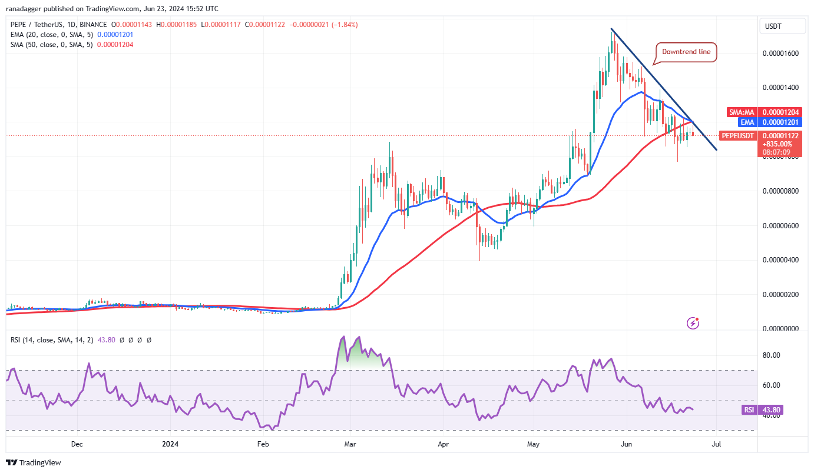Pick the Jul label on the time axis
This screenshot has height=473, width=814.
(716, 445)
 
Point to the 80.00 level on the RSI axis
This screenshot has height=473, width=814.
(772, 355)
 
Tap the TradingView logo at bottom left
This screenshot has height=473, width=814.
(34, 462)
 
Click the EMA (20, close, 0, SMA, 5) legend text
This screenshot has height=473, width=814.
(51, 35)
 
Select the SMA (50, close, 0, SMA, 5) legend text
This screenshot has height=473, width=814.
(51, 45)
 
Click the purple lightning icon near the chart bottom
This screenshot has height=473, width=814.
(693, 322)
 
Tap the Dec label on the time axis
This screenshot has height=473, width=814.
(77, 445)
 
